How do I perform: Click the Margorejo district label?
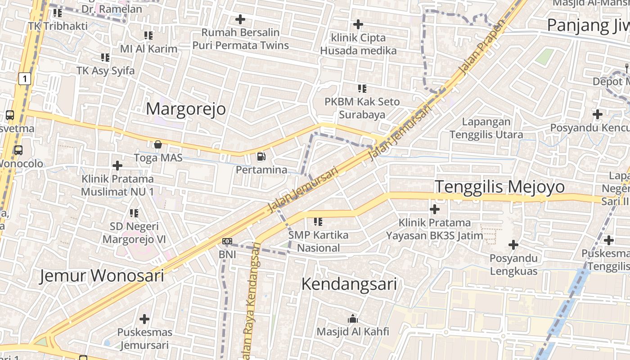tap(186, 109)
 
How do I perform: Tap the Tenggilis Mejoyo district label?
tap(499, 186)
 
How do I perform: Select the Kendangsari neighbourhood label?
tap(349, 284)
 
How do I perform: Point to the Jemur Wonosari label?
tap(102, 275)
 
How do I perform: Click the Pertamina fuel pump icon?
tap(261, 157)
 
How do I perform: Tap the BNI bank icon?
tap(227, 241)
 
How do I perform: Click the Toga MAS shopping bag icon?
tap(158, 144)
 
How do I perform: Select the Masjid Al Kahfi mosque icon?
tap(353, 319)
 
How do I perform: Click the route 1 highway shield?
tap(25, 79)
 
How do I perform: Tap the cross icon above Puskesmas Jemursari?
tap(144, 319)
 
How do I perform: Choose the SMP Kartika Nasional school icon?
tap(318, 221)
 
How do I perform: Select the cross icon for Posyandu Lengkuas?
tap(513, 245)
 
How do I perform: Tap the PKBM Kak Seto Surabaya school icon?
tap(362, 89)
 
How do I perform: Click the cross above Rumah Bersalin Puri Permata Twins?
tap(240, 19)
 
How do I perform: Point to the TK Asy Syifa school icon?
tap(105, 58)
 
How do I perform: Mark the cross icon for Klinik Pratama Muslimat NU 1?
tap(117, 166)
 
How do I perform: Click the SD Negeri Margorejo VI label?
tap(134, 233)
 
